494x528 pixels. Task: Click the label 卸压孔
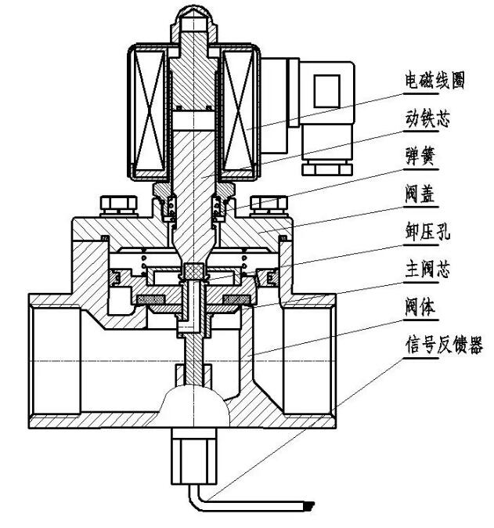coord(427,234)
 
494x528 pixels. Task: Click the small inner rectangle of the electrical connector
coord(323,92)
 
